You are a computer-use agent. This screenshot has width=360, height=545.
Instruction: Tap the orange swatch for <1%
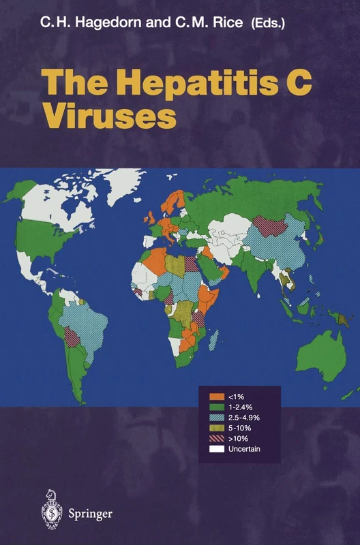click(217, 396)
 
